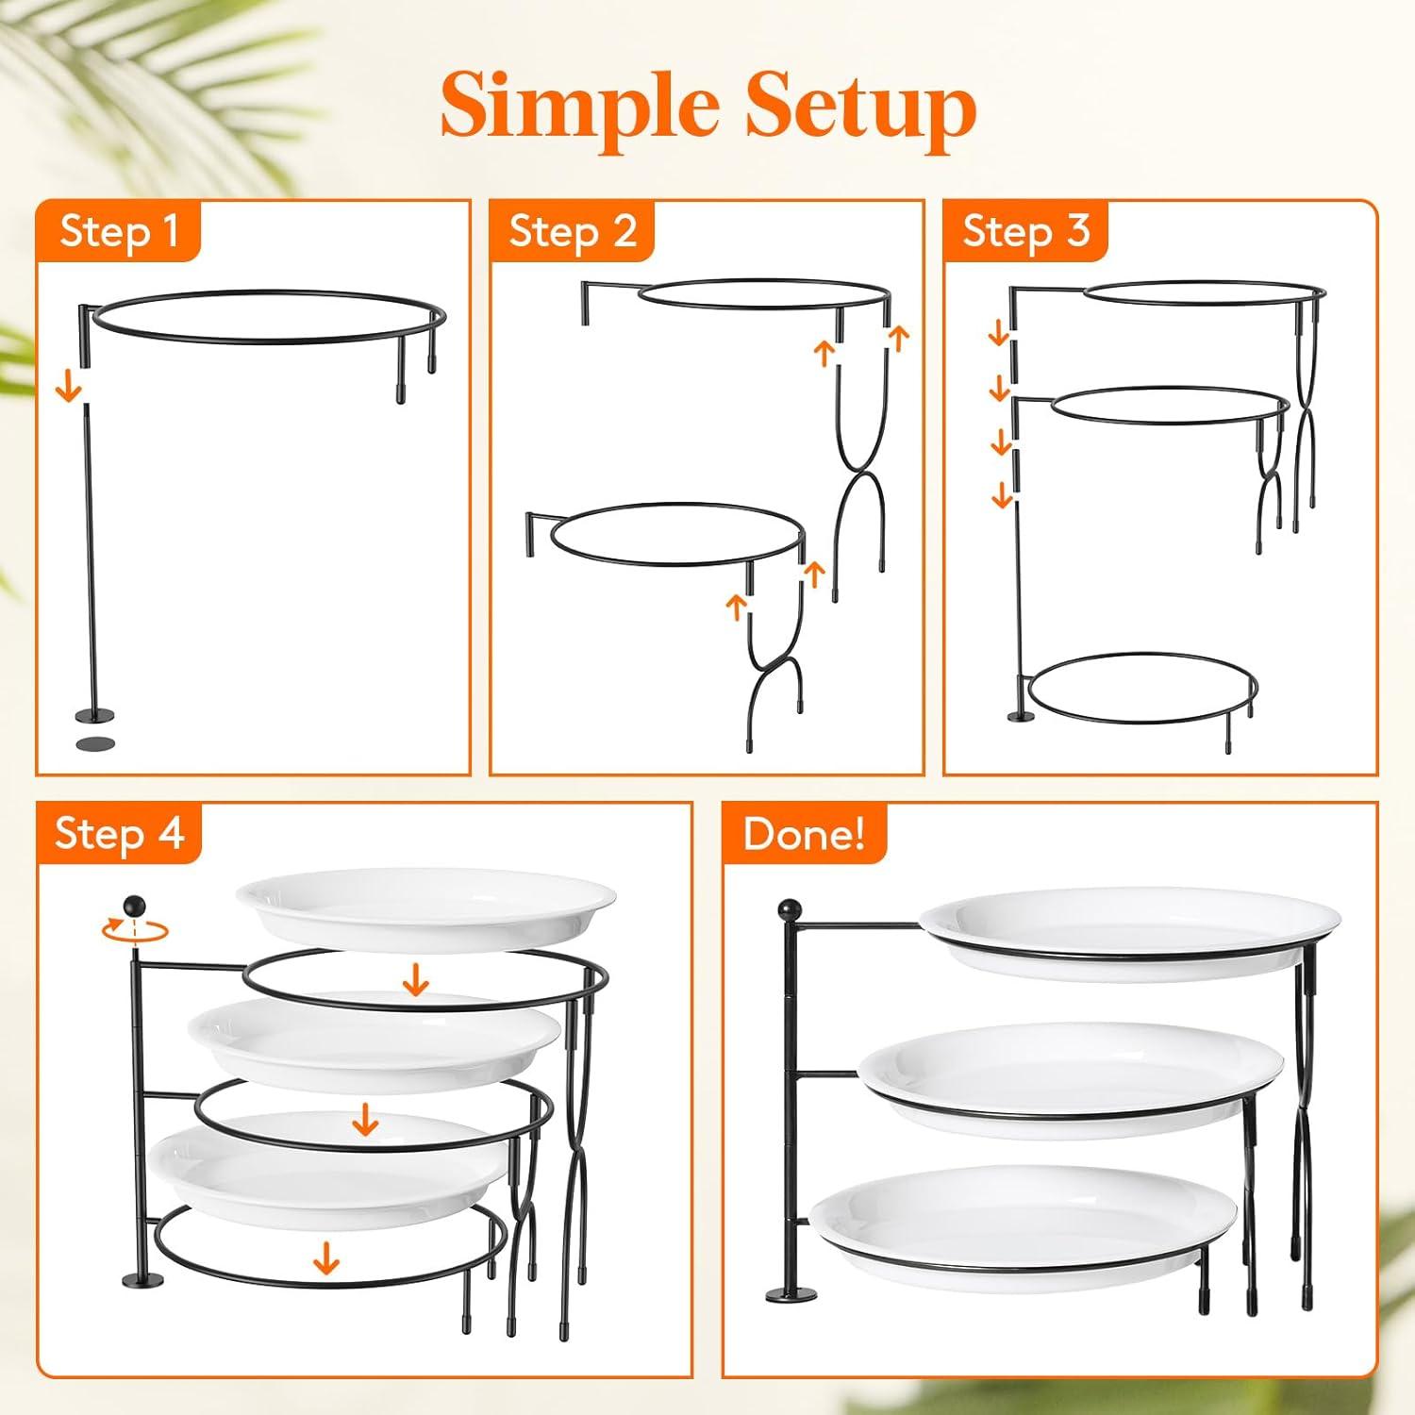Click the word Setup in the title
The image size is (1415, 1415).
pyautogui.click(x=859, y=107)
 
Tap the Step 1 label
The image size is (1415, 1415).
pyautogui.click(x=119, y=232)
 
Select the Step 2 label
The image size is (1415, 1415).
pyautogui.click(x=573, y=232)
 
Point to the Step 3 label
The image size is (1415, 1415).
pyautogui.click(x=1026, y=232)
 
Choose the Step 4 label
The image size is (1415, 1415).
pyautogui.click(x=119, y=834)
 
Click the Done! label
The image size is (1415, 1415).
pyautogui.click(x=804, y=834)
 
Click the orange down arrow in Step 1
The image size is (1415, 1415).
pyautogui.click(x=68, y=385)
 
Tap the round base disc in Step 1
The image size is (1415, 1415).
pyautogui.click(x=94, y=715)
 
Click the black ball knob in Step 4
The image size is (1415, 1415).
pyautogui.click(x=135, y=906)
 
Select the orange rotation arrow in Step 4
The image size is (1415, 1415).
pyautogui.click(x=135, y=929)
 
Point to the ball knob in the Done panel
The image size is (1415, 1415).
pyautogui.click(x=790, y=911)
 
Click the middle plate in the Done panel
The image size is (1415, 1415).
pyautogui.click(x=1072, y=1080)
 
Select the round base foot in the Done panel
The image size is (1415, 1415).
pyautogui.click(x=792, y=1294)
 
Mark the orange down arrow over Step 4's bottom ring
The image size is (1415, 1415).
pyautogui.click(x=326, y=1257)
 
